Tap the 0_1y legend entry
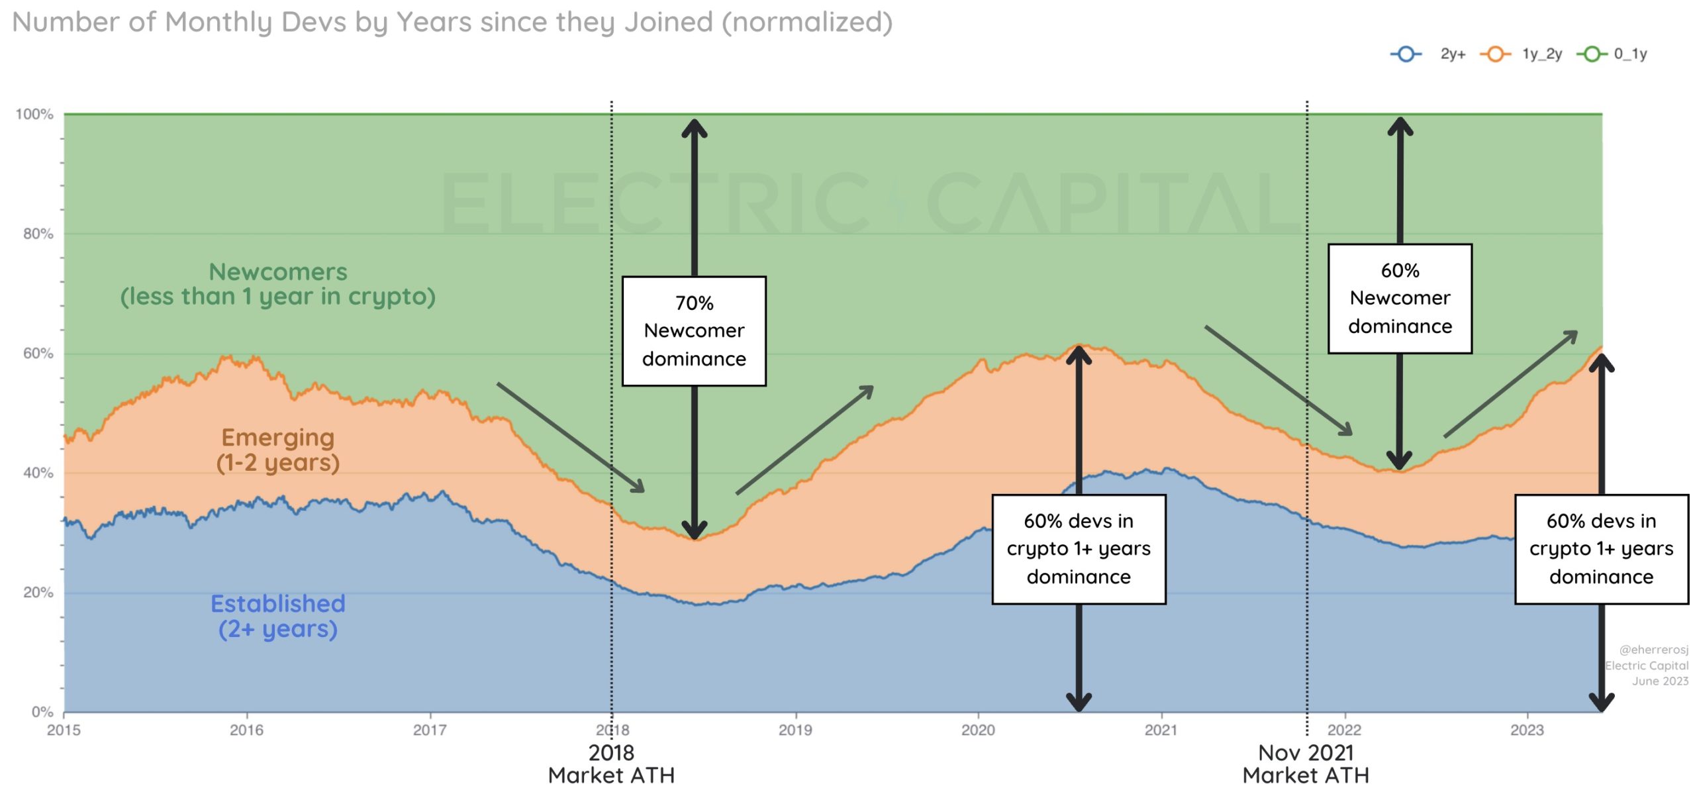click(1613, 54)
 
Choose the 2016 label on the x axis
click(246, 730)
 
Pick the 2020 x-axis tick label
click(978, 730)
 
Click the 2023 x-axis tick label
click(1527, 730)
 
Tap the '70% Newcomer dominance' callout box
click(694, 331)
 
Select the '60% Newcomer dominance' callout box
click(1400, 299)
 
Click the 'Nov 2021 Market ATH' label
click(1306, 764)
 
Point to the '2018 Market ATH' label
click(611, 764)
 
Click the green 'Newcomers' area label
click(278, 284)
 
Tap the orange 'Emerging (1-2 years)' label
click(278, 450)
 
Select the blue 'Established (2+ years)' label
click(278, 616)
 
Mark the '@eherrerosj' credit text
click(1653, 650)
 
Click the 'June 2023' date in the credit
click(1660, 681)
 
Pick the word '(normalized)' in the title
click(806, 22)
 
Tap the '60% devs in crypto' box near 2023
click(1601, 549)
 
